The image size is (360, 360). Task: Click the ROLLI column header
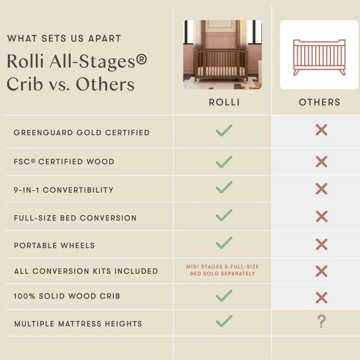click(224, 102)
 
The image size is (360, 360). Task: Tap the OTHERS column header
click(319, 102)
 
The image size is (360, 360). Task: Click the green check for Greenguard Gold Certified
click(224, 130)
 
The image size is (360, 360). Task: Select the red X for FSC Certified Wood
click(321, 162)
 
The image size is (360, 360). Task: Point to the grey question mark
click(322, 321)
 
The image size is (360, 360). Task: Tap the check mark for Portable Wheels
click(224, 243)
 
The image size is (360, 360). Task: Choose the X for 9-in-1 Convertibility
click(321, 189)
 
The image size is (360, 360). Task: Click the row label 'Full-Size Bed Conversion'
click(75, 218)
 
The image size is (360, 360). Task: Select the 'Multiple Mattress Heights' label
click(78, 324)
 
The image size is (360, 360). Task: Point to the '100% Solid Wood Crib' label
click(67, 296)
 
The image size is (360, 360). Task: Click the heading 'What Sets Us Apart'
click(64, 38)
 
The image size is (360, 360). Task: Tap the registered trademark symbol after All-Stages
click(141, 59)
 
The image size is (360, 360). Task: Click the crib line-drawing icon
click(319, 57)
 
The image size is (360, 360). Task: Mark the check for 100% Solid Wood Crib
click(224, 296)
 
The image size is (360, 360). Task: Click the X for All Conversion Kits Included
click(321, 271)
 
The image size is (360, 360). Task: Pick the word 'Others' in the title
click(105, 84)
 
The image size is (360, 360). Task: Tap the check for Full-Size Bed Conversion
click(224, 215)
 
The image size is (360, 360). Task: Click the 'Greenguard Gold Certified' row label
click(82, 133)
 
